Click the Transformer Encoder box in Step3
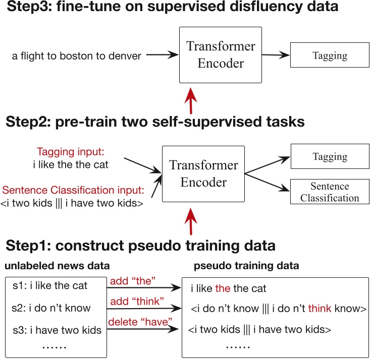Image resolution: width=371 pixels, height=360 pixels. pos(221,55)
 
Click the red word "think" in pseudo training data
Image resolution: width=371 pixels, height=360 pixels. pos(320,308)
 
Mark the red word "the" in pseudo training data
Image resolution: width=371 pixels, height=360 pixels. pos(223,288)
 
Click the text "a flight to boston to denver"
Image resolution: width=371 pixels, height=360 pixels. pos(77,56)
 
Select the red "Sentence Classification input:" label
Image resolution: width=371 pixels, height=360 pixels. pos(73,191)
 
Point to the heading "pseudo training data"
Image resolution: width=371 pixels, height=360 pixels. pos(246,266)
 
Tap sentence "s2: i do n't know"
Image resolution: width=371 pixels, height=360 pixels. pos(51,308)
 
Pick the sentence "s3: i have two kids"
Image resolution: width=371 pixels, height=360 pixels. pos(57,330)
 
